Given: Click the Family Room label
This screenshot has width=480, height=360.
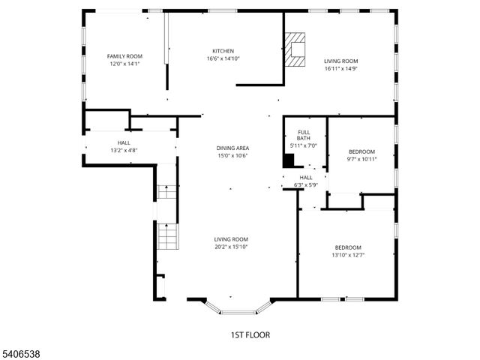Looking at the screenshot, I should tap(124, 56).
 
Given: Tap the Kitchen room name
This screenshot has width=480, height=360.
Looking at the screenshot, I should tap(223, 51).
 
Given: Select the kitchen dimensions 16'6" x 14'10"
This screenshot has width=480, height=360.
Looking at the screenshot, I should tap(223, 59).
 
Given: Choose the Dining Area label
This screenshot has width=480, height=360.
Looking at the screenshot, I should tap(232, 148).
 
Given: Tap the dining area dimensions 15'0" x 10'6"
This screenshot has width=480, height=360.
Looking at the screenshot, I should tap(232, 156).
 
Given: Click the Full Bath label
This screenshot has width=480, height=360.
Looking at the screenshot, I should tap(304, 136).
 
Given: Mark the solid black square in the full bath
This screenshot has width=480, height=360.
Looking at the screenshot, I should tap(288, 160).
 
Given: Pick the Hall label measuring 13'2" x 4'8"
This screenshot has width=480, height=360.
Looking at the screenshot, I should tap(124, 146).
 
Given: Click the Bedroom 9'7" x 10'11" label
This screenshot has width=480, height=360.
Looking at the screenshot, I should tap(361, 155).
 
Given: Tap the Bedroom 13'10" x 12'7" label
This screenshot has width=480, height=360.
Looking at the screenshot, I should tap(348, 251).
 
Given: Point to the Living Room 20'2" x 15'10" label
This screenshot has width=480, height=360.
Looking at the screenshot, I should tap(230, 242).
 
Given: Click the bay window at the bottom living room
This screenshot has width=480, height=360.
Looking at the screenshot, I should tap(238, 308).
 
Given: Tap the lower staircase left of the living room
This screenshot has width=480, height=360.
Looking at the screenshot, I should tap(168, 237).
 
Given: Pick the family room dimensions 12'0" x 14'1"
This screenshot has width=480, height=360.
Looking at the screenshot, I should tap(124, 64).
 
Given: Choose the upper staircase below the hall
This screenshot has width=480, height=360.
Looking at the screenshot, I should tap(167, 190).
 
